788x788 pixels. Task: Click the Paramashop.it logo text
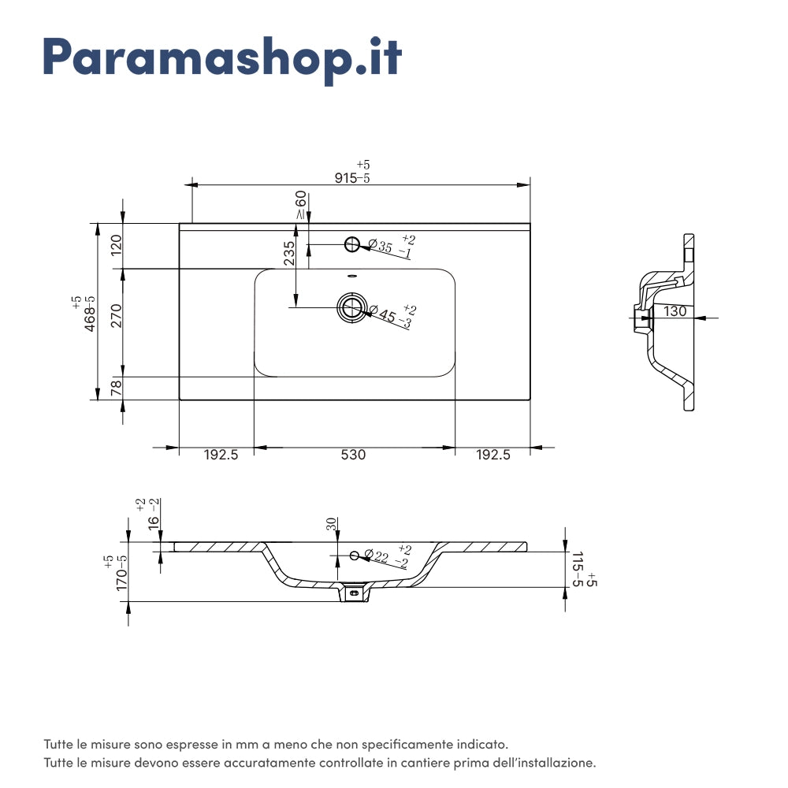[221, 56]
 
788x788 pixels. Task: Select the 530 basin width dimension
[353, 455]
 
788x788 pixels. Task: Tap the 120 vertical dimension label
[117, 246]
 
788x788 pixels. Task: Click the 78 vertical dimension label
[117, 388]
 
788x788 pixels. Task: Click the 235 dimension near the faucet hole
[289, 253]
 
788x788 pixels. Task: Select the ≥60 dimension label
[300, 205]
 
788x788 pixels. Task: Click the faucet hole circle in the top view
[352, 243]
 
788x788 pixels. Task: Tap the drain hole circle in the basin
[351, 307]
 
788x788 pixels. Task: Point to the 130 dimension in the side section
[675, 311]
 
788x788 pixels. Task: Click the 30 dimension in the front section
[332, 524]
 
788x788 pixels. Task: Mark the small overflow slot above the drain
[352, 276]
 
